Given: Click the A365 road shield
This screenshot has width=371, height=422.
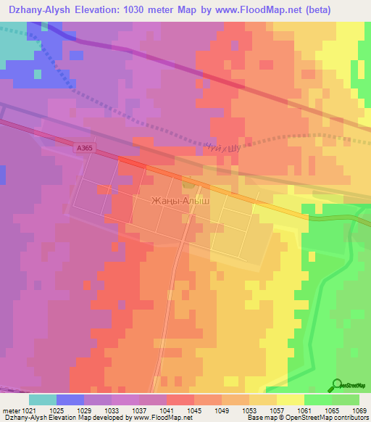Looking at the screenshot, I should (85, 147).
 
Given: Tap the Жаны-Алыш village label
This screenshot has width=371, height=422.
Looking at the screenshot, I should (180, 200).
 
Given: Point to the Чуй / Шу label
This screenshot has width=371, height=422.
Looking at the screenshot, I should (221, 146).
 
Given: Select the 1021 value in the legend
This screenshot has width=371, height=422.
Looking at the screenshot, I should (29, 410).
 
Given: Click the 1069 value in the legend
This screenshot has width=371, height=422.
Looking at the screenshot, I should (359, 410).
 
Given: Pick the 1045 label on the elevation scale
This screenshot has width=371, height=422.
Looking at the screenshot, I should (194, 410).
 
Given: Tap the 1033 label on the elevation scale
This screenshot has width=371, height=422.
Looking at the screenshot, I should (112, 410).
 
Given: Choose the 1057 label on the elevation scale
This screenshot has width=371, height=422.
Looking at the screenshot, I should (277, 410).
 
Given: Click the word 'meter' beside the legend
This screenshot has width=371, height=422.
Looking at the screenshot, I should (11, 410).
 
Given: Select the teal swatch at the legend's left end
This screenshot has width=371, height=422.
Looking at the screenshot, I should (43, 400).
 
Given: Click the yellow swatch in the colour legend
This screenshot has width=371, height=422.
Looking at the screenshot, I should (291, 400).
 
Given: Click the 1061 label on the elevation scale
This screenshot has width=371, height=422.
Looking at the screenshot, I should (304, 410).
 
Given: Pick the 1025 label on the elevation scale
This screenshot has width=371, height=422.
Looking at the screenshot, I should (57, 410).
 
